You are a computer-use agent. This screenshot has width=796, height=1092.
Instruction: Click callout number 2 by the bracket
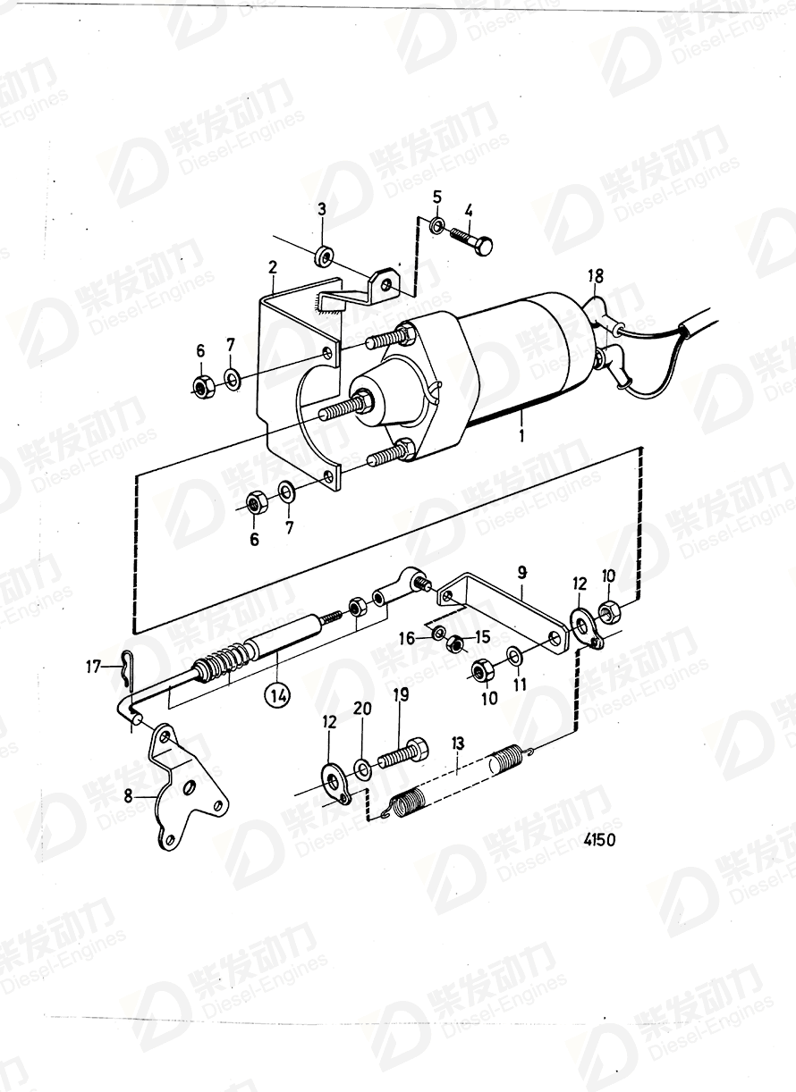[x=272, y=266]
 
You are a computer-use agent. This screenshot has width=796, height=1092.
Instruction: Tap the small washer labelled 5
[x=436, y=223]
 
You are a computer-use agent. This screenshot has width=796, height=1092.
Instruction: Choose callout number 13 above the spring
[x=458, y=742]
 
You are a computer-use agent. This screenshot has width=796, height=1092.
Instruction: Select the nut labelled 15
[x=454, y=643]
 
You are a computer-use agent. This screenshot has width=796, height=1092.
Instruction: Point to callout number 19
[x=401, y=694]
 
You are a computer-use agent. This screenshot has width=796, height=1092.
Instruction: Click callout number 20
[x=362, y=708]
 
